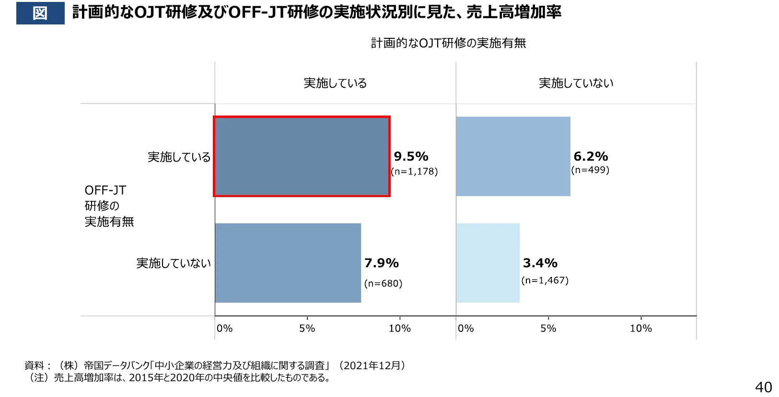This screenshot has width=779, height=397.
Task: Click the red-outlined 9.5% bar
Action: pyautogui.click(x=302, y=156)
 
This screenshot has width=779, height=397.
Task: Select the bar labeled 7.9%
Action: pyautogui.click(x=288, y=263)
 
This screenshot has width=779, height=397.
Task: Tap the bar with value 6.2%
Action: pyautogui.click(x=513, y=156)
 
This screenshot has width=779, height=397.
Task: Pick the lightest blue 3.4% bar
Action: pyautogui.click(x=488, y=263)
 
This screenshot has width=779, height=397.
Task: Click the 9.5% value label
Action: pyautogui.click(x=411, y=156)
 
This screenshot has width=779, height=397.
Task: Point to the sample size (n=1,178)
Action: pyautogui.click(x=414, y=172)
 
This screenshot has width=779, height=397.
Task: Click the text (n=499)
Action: pyautogui.click(x=590, y=170)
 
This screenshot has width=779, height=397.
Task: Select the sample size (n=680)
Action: pyautogui.click(x=383, y=283)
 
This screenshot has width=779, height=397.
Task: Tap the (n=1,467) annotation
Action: pyautogui.click(x=545, y=280)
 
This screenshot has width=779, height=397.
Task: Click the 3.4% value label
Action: pyautogui.click(x=540, y=263)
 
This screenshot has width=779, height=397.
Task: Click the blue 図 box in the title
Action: pyautogui.click(x=40, y=13)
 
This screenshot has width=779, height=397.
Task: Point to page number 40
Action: pyautogui.click(x=763, y=387)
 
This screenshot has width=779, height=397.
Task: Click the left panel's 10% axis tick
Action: pyautogui.click(x=399, y=328)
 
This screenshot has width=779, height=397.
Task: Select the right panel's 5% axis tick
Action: pyautogui.click(x=548, y=328)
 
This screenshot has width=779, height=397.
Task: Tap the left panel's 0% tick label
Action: pyautogui.click(x=224, y=328)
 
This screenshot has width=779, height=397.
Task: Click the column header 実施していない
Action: pyautogui.click(x=576, y=83)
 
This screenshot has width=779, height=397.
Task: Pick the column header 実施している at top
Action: pyautogui.click(x=335, y=83)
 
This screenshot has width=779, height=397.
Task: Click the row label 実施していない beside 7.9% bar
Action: pyautogui.click(x=173, y=263)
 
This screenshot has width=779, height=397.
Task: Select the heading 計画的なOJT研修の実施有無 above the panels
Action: pyautogui.click(x=448, y=43)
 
